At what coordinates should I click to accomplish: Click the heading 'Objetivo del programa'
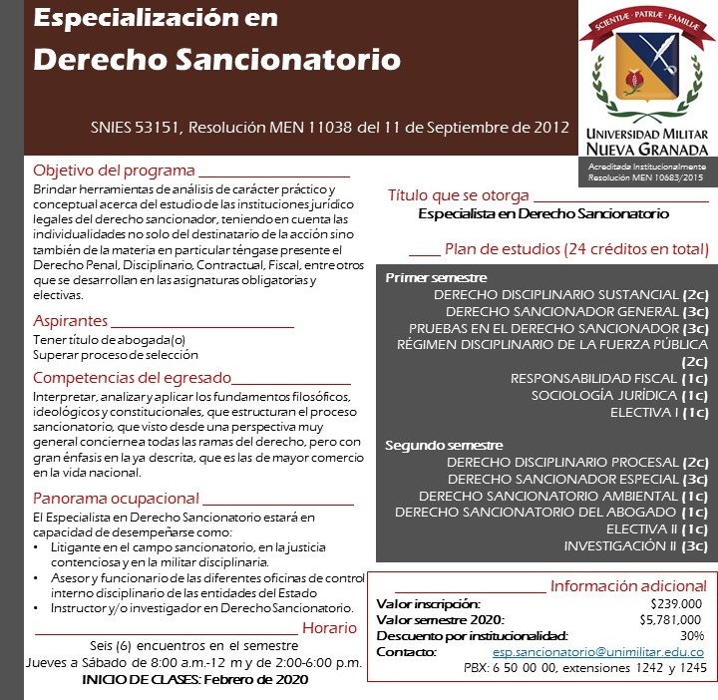coord(114,169)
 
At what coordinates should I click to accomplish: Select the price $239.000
coord(676,603)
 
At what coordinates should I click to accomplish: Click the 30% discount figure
coord(691,635)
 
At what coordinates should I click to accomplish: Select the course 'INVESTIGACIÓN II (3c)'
coord(635,545)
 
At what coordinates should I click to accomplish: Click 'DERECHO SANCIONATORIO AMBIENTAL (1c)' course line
coord(563,496)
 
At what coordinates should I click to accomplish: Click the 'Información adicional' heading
coord(628,585)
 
